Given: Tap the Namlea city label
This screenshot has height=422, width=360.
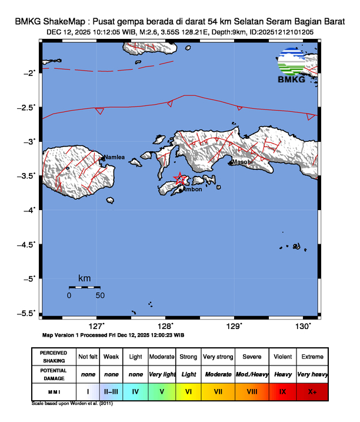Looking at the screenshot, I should pyautogui.click(x=115, y=158).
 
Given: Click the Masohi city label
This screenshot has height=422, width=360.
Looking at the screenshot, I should pyautogui.click(x=242, y=161).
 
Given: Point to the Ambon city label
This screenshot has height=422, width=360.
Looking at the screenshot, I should pyautogui.click(x=192, y=190).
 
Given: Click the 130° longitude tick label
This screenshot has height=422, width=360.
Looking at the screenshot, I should pyautogui.click(x=303, y=325).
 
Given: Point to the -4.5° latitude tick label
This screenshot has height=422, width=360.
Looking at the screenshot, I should pyautogui.click(x=28, y=244).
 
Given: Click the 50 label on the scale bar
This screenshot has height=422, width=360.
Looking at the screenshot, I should pyautogui.click(x=100, y=295).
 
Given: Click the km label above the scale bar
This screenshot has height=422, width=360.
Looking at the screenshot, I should pyautogui.click(x=84, y=278).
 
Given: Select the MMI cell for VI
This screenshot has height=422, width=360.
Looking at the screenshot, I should pyautogui.click(x=189, y=391).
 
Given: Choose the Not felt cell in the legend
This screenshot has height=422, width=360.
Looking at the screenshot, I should pyautogui.click(x=88, y=357).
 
